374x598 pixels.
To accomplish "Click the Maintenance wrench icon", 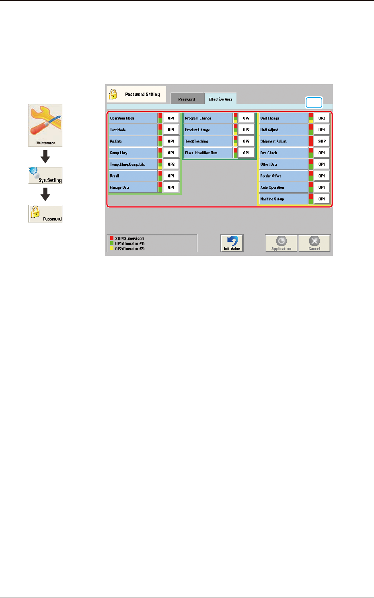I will coord(45,125).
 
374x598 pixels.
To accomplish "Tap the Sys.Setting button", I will coord(45,175).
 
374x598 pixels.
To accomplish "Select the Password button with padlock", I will coord(45,214).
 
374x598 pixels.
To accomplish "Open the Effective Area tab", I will coord(220,99).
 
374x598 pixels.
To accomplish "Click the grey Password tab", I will coord(187,99).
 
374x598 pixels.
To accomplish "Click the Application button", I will coord(281,243).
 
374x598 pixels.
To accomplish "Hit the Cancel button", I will coord(314,243).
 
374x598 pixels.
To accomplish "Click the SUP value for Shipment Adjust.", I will coord(322,141).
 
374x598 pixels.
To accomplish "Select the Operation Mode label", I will coord(133,118).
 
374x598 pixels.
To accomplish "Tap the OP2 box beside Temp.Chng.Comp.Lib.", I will coord(171,164).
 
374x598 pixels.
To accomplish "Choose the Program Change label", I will coord(208,118).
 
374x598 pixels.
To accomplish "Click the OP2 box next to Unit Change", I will coord(322,118).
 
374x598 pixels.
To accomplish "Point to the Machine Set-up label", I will coord(283,199).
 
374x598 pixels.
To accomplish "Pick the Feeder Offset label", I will coord(283,176).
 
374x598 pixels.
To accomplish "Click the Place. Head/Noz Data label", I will coord(208,153).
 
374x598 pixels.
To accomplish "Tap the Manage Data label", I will coord(133,188).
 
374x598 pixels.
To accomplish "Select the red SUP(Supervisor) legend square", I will coord(112,238).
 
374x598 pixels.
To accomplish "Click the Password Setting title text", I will coord(142,95).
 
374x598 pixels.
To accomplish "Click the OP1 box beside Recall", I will coord(171,176).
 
